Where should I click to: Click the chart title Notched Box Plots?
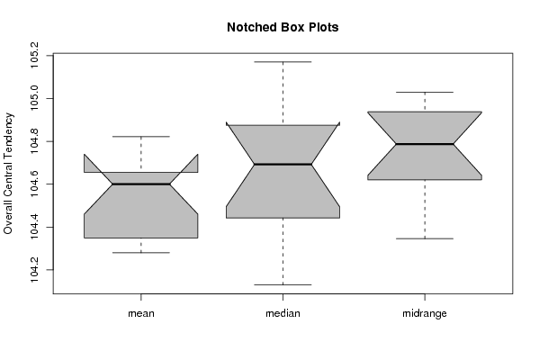(283, 27)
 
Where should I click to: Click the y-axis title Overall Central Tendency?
(8, 174)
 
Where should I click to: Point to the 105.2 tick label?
(34, 55)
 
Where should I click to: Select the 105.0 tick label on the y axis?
(34, 98)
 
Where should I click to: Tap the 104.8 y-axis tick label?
(34, 141)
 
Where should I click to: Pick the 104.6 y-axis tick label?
(34, 184)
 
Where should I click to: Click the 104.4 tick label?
(34, 227)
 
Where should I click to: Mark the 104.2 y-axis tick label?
(34, 270)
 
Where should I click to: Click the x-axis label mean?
(141, 313)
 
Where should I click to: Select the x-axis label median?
(283, 313)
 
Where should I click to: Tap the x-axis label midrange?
(425, 313)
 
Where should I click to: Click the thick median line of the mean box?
(141, 184)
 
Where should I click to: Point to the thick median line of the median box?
(283, 165)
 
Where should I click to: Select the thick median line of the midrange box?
(425, 144)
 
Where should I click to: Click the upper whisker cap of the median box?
(283, 62)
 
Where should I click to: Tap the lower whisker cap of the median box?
(283, 284)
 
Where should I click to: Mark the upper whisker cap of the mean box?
(141, 137)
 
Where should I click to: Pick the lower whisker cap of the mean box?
(141, 253)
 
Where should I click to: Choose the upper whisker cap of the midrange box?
(425, 92)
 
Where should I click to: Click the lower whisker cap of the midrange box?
(425, 238)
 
